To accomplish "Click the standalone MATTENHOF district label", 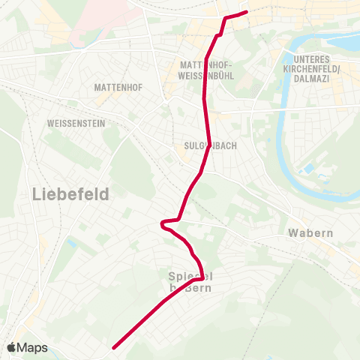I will tap(114, 88).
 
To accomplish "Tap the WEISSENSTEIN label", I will tap(76, 122).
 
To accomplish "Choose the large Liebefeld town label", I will tap(71, 194).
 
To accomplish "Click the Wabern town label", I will tap(310, 232).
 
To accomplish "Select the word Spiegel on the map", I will tap(184, 276).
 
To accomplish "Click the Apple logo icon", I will tap(13, 347).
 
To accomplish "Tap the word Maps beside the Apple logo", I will tap(33, 347).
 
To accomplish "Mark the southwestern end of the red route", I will tap(113, 348).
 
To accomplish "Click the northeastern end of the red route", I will tap(247, 11).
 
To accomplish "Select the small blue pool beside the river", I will tap(305, 170).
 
